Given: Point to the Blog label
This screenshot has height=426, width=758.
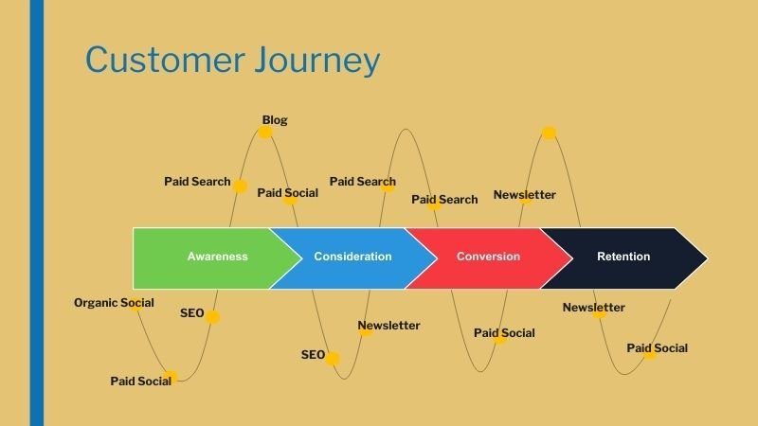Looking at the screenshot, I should pyautogui.click(x=275, y=120).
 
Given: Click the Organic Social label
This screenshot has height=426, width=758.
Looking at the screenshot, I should pyautogui.click(x=114, y=303).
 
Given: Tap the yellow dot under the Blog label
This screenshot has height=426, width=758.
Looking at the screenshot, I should pyautogui.click(x=265, y=133).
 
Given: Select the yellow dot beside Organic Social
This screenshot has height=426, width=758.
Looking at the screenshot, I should pyautogui.click(x=136, y=304).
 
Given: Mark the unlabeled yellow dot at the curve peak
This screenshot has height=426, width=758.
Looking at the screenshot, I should pyautogui.click(x=549, y=133).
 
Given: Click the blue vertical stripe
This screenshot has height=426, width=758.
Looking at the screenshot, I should pyautogui.click(x=37, y=213).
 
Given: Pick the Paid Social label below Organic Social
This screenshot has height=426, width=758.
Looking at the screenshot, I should pyautogui.click(x=140, y=382).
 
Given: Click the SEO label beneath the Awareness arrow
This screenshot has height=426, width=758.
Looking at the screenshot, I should pyautogui.click(x=191, y=313).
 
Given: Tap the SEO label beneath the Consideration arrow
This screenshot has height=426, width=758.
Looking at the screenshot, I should pyautogui.click(x=313, y=355).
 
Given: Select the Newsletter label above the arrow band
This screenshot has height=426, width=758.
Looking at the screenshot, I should pyautogui.click(x=524, y=195).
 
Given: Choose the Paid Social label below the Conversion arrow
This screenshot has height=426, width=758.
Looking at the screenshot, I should pyautogui.click(x=504, y=333).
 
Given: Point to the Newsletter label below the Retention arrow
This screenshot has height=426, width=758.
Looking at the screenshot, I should pyautogui.click(x=593, y=308).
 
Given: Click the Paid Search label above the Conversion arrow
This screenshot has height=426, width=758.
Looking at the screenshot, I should pyautogui.click(x=444, y=200).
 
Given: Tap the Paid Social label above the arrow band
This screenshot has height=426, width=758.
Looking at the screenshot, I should pyautogui.click(x=288, y=193).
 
